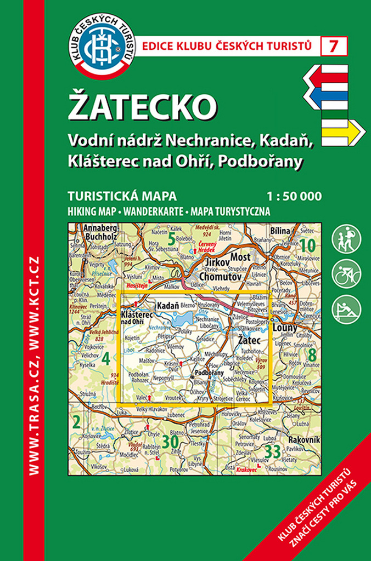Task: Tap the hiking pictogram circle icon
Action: click(346, 239)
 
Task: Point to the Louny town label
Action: click(285, 328)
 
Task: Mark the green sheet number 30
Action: click(170, 442)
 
